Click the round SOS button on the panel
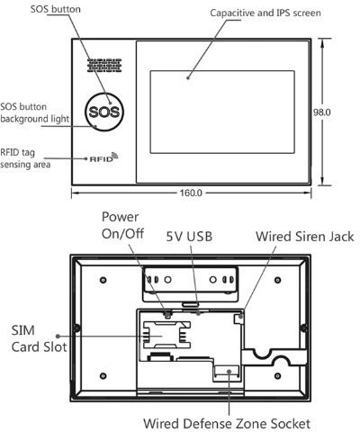104,112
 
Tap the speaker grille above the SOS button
104,66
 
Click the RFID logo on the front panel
103,157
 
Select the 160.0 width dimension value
191,193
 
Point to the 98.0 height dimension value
322,112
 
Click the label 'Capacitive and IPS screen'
265,13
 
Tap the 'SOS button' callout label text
56,9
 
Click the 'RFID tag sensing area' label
25,158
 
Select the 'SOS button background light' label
35,112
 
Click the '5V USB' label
189,237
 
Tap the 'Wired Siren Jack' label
305,237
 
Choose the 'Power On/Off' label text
122,225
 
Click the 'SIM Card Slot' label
39,338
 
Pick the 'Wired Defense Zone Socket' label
227,424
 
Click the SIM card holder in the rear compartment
166,335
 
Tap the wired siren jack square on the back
238,319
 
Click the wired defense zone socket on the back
227,373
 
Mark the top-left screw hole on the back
103,280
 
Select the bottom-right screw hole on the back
278,376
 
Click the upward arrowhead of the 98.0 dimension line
322,43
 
